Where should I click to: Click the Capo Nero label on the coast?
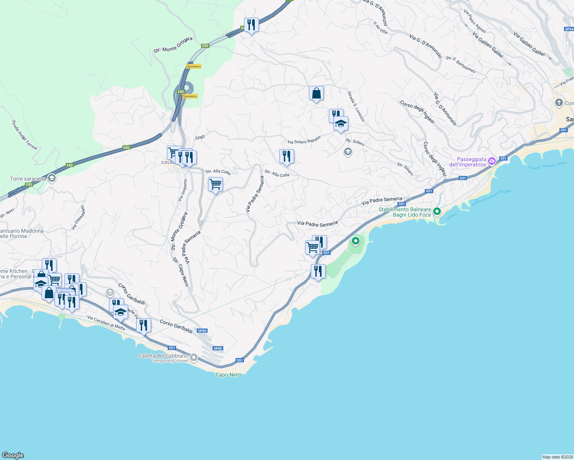click(228, 375)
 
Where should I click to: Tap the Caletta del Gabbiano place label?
click(163, 356)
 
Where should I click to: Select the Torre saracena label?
click(28, 179)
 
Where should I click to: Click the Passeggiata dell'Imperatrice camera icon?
click(492, 161)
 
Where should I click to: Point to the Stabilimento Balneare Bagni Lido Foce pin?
click(437, 211)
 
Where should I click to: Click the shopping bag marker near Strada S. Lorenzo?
click(316, 93)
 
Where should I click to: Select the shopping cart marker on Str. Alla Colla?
click(215, 184)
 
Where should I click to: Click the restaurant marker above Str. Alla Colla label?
click(287, 156)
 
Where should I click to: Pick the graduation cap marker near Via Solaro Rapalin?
click(341, 124)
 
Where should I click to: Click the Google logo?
click(13, 455)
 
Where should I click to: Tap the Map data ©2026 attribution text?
click(557, 457)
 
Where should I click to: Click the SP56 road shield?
click(569, 29)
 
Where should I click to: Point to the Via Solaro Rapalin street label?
click(304, 140)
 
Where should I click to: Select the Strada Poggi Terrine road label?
click(24, 135)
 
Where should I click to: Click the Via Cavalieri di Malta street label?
click(106, 323)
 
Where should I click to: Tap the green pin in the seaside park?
click(356, 241)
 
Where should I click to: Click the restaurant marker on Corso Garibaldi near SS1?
click(143, 326)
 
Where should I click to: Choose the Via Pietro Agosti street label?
click(475, 21)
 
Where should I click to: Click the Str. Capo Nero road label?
click(181, 272)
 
